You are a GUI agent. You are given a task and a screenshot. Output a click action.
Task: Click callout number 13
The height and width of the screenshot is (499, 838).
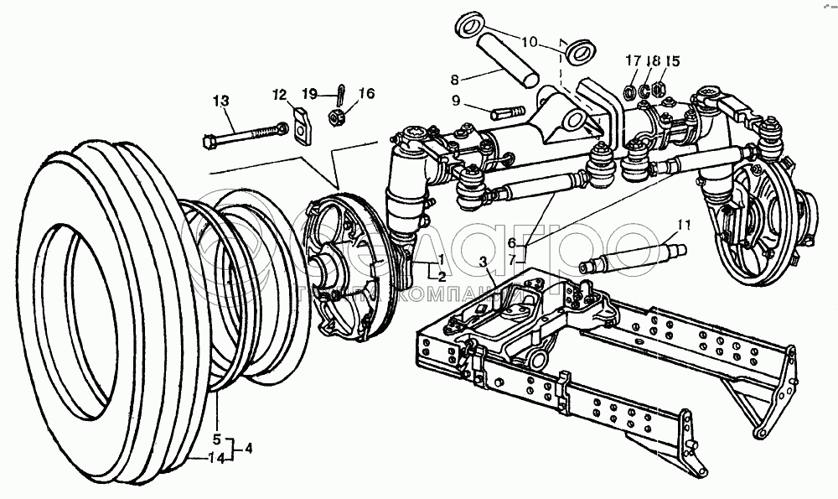click(220, 101)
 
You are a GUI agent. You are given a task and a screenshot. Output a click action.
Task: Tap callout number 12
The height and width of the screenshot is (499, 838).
click(277, 93)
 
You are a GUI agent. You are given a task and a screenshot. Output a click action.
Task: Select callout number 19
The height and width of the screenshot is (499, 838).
click(310, 93)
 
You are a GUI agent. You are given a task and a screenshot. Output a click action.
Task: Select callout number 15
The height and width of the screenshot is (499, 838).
click(673, 61)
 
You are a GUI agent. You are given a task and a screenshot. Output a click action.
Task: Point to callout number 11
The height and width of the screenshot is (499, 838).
click(685, 224)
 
